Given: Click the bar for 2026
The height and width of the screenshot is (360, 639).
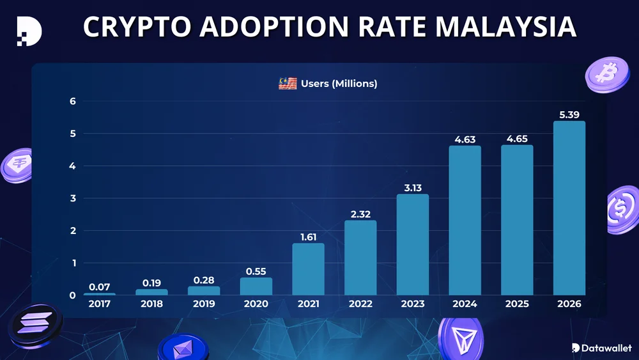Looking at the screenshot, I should click(569, 208).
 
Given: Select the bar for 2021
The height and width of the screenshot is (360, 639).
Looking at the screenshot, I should click(308, 269).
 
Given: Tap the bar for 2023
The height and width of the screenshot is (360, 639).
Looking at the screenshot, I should click(413, 244).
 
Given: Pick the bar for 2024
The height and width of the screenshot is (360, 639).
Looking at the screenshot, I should click(465, 221).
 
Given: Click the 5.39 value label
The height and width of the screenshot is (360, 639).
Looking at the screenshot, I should click(569, 114).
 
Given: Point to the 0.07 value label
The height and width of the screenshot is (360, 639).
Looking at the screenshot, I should click(99, 286).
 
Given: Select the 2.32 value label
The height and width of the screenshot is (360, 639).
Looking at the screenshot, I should click(360, 214).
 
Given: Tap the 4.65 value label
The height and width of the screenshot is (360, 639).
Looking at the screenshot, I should click(517, 138).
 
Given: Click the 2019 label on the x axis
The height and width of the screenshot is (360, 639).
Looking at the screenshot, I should click(203, 304).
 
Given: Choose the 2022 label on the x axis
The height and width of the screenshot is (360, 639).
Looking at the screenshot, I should click(360, 304).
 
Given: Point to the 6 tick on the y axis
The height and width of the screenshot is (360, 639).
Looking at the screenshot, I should click(73, 101).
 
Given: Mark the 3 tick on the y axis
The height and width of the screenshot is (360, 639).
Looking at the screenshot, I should click(73, 198).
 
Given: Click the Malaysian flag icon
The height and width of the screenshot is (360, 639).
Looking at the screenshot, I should click(288, 84).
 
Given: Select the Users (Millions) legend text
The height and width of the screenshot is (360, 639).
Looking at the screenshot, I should click(339, 84).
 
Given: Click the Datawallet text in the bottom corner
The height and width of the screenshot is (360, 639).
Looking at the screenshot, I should click(606, 348).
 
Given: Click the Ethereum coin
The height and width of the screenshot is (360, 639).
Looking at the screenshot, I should click(183, 348).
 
